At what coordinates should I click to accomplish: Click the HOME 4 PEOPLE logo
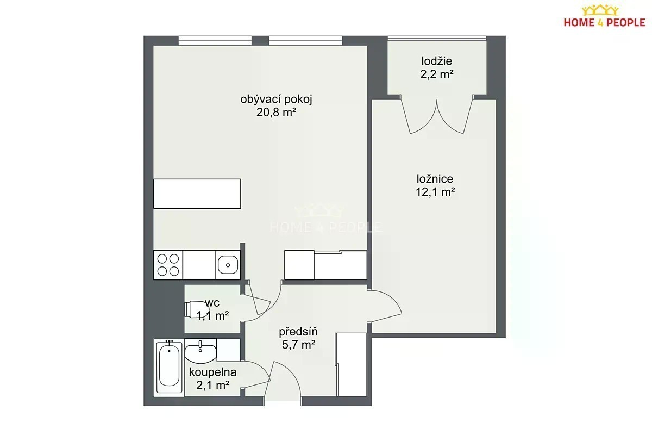click(604, 17)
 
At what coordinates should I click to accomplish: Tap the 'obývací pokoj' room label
click(276, 100)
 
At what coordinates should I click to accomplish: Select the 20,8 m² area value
click(276, 112)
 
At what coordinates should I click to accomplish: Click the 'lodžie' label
click(437, 61)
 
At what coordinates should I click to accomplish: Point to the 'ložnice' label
click(435, 179)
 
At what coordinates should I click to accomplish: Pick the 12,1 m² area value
click(435, 192)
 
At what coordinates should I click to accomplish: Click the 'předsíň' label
click(298, 332)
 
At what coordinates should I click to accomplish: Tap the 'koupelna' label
click(213, 372)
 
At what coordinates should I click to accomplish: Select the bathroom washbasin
click(200, 351)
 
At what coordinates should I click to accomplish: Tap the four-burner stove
click(168, 265)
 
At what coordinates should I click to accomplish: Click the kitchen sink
click(228, 265)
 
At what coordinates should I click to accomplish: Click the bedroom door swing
click(385, 306)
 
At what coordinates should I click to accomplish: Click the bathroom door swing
click(255, 375)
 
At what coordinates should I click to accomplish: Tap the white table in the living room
click(197, 194)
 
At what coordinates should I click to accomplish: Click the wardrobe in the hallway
click(352, 364)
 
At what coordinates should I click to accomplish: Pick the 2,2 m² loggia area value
click(437, 74)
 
